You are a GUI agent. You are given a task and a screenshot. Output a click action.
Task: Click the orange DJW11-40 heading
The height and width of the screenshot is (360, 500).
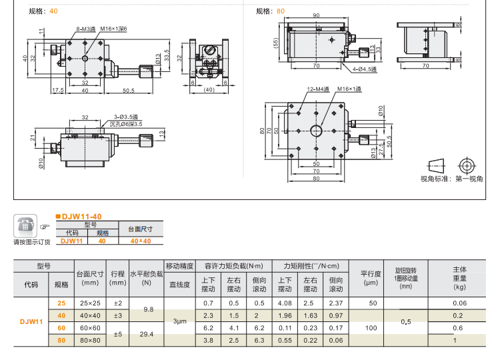pos(82,217)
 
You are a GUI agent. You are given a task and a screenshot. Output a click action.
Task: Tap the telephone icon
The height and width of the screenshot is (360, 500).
pos(25,226)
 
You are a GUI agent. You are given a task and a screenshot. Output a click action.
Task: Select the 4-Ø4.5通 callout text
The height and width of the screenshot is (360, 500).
pos(364,69)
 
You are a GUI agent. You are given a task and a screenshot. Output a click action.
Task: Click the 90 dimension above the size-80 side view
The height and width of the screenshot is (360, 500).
pos(315,15)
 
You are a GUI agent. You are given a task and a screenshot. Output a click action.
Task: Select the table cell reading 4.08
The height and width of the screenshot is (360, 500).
pos(284,303)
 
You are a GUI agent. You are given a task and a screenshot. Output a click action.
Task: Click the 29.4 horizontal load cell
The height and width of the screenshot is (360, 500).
pos(148,333)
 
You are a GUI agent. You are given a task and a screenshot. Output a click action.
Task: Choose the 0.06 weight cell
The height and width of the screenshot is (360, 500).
pos(459,303)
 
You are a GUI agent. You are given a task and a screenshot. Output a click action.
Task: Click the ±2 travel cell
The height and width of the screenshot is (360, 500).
pos(117,303)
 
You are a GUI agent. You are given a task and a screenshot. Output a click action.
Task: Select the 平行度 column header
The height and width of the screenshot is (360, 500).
pos(371,273)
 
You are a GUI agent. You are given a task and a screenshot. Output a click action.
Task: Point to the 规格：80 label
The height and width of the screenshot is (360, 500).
pos(270,11)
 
